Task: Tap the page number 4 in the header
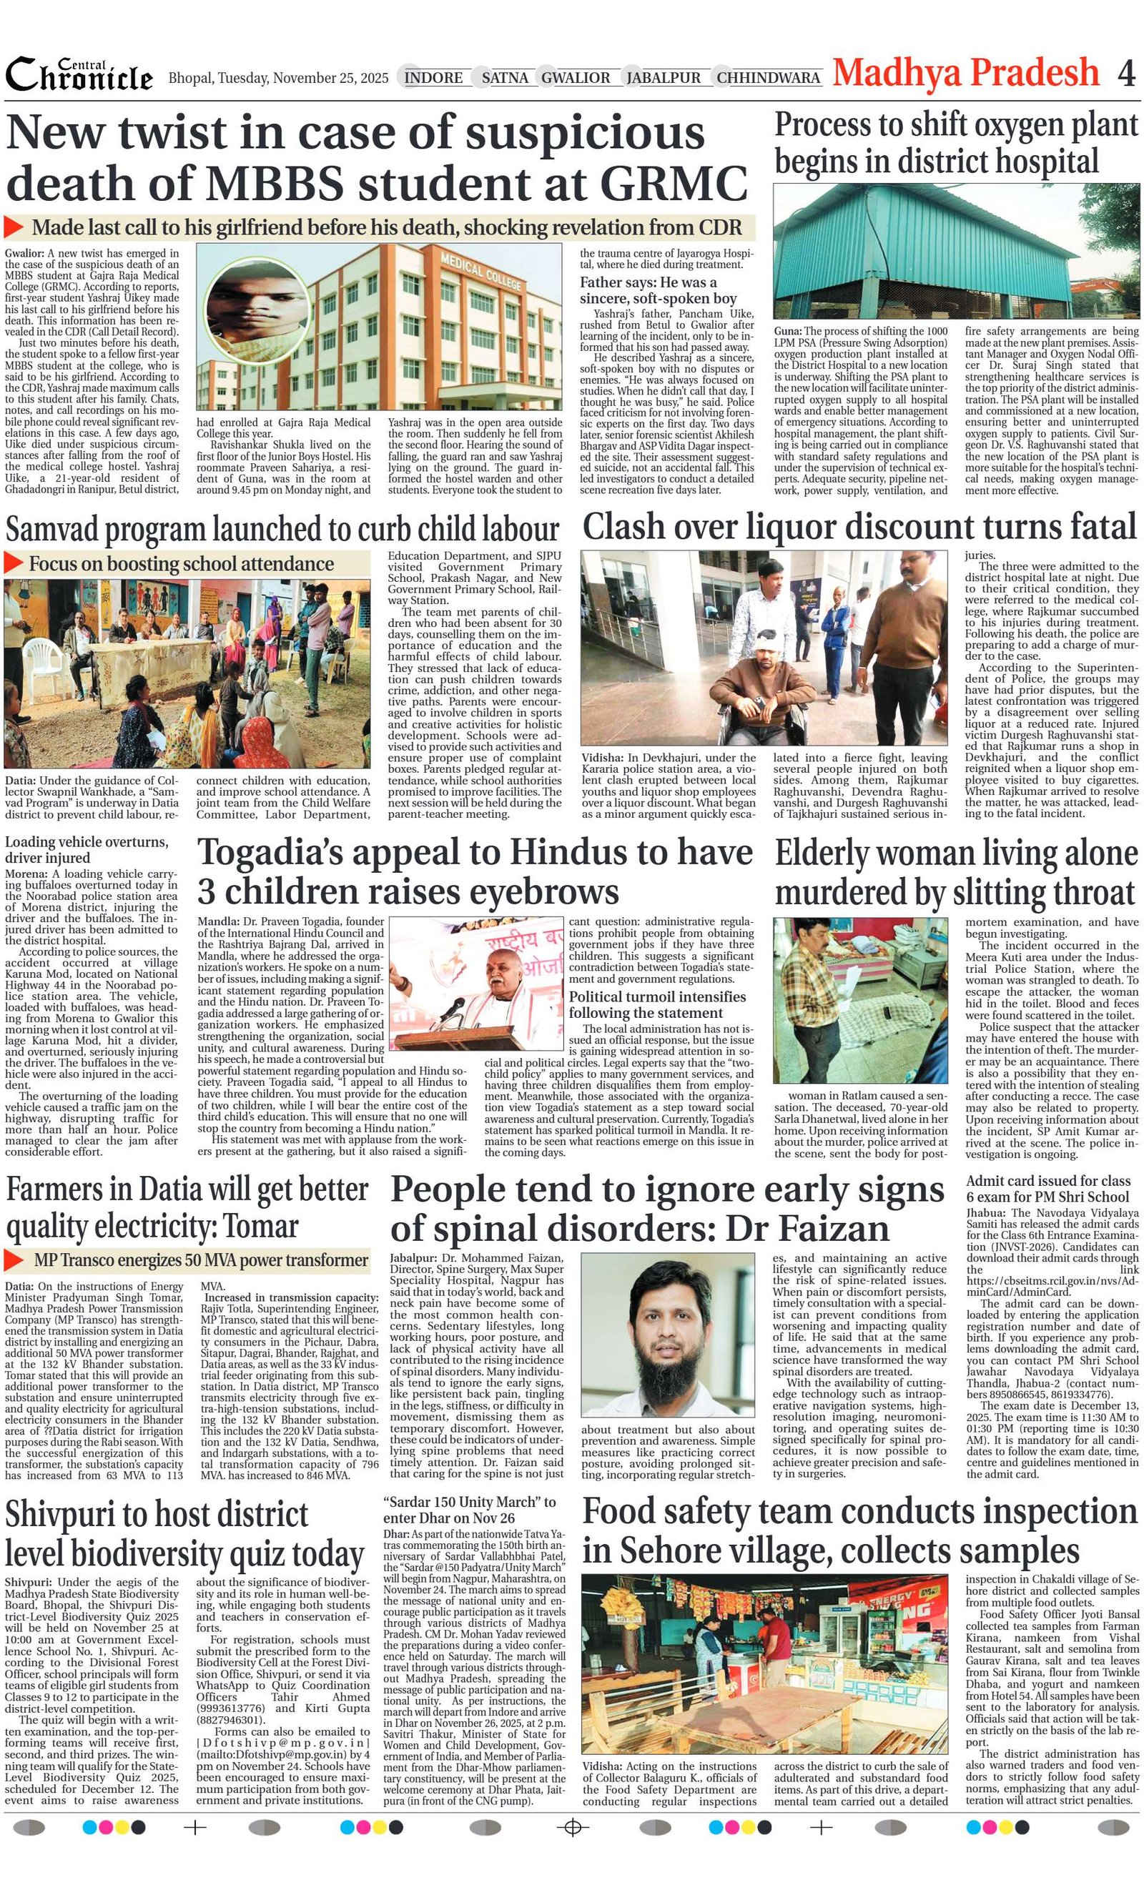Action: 1125,74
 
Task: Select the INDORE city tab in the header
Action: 433,77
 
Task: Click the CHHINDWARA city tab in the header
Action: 768,77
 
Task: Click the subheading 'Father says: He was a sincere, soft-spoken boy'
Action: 658,290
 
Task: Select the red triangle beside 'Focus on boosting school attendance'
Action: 14,563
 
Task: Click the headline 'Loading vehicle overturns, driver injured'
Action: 87,849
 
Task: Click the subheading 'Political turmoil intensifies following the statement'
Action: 657,1004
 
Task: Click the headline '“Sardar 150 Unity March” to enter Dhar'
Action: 469,1510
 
